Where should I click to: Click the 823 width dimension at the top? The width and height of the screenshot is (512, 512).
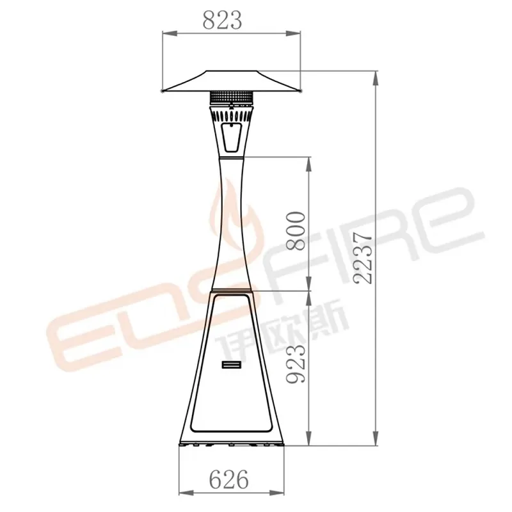(x=222, y=20)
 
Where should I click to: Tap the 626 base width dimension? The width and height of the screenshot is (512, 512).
(x=228, y=479)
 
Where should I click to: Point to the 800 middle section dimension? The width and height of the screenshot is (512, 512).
(x=296, y=231)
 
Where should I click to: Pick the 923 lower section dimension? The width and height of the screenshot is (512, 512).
(x=296, y=363)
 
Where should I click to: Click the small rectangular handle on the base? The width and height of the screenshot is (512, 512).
(x=231, y=364)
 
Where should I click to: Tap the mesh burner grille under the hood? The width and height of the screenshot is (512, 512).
(x=231, y=97)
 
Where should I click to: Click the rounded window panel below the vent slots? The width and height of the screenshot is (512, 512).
(x=231, y=138)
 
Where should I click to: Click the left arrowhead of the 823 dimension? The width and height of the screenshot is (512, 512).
(x=170, y=33)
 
